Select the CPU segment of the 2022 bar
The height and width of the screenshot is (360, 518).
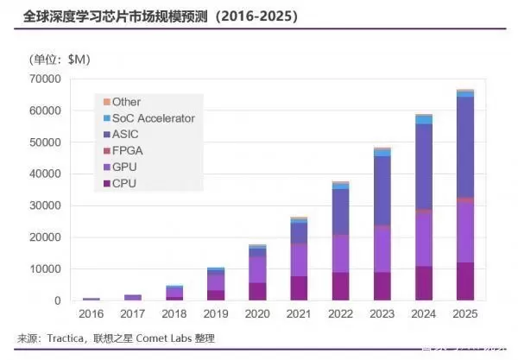point(341,287)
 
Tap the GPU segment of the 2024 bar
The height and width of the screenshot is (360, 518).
point(423,238)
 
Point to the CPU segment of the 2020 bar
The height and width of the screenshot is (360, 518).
point(258,292)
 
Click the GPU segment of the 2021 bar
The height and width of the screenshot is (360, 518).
point(300,260)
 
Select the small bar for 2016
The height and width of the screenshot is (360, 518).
point(91,299)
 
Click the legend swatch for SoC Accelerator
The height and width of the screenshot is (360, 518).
point(106,118)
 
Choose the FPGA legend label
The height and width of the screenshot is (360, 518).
point(129,151)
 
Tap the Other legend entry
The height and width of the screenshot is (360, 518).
point(126,102)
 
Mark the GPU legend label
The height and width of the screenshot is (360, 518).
point(126,167)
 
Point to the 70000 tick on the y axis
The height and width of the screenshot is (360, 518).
point(43,79)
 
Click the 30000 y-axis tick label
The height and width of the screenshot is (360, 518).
point(43,205)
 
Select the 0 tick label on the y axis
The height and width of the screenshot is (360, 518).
point(57,300)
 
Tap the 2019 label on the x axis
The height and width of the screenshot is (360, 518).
point(215,316)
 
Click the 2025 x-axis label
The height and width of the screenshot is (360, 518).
point(464,316)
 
